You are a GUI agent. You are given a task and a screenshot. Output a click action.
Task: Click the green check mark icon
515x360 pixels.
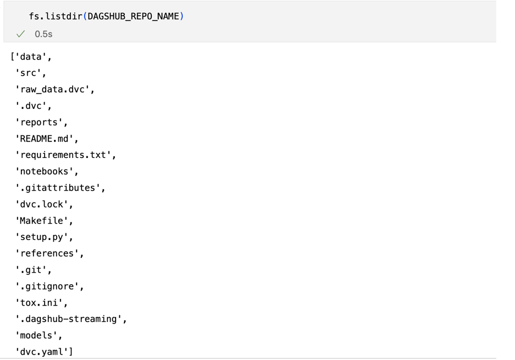pos(21,34)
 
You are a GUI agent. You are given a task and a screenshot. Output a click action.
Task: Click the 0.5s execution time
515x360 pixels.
pos(43,34)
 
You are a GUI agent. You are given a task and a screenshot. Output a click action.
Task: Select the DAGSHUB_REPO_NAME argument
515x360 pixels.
pos(133,17)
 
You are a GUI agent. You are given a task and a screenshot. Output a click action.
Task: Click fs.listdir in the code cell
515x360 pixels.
pos(56,17)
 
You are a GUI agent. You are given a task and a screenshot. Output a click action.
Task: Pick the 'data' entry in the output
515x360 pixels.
pos(31,57)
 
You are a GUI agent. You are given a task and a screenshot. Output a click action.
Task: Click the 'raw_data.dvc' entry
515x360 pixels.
pos(52,89)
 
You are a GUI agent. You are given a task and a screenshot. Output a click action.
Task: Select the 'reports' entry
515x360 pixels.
pos(39,122)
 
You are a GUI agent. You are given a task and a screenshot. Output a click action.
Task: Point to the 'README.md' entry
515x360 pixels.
pos(44,139)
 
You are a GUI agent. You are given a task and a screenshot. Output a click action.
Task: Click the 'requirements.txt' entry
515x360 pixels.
pos(63,155)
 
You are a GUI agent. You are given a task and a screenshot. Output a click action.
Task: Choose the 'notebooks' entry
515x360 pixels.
pos(44,171)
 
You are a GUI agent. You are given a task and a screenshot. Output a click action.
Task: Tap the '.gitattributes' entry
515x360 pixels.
pos(57,188)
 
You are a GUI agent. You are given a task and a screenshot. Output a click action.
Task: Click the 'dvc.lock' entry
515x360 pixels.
pos(41,204)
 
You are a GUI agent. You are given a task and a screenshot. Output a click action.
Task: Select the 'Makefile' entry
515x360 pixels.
pos(41,220)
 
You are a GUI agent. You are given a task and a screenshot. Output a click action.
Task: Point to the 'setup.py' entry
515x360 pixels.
pos(41,237)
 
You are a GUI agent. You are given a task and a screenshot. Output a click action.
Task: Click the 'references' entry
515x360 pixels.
pos(47,253)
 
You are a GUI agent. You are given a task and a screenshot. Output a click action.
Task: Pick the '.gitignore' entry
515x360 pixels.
pos(47,286)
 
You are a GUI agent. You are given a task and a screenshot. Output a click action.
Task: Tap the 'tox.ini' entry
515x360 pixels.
pos(39,303)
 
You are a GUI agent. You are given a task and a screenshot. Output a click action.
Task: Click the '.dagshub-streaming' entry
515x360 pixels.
pos(68,319)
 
